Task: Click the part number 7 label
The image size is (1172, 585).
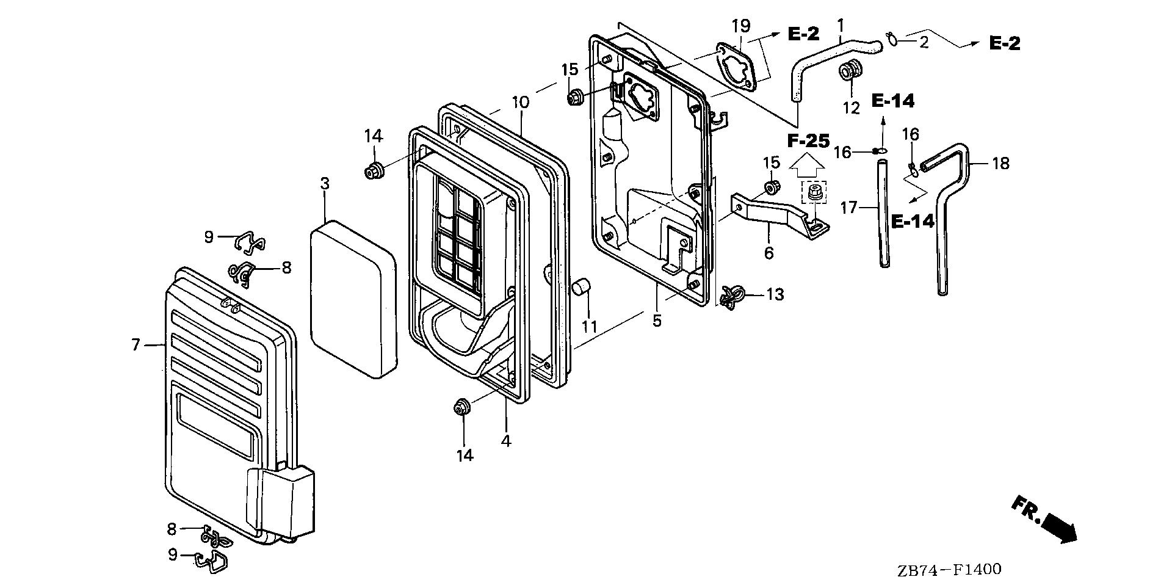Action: click(x=136, y=345)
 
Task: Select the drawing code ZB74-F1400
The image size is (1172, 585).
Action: click(x=949, y=570)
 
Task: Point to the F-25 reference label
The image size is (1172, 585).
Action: click(x=808, y=141)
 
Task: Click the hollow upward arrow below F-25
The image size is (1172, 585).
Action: click(x=808, y=164)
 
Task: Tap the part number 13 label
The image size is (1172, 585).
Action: click(x=775, y=295)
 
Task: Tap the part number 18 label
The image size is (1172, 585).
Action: click(x=1000, y=164)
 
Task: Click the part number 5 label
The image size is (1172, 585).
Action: click(x=657, y=321)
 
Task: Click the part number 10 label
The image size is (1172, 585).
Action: click(x=521, y=102)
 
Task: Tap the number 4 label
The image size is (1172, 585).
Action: click(x=506, y=440)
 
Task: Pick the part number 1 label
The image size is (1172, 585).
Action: click(x=841, y=26)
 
